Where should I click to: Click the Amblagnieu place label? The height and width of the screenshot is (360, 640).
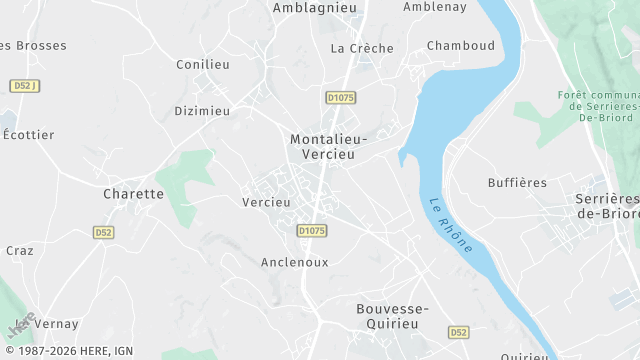[315, 7]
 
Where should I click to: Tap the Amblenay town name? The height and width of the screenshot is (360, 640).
[436, 7]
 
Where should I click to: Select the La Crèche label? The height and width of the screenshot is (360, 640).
[362, 48]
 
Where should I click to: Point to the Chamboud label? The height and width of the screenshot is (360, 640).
[461, 46]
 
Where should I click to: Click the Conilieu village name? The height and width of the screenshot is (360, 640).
[203, 64]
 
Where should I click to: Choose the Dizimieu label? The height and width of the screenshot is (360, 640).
[202, 111]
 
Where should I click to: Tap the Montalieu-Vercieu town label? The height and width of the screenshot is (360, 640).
[328, 148]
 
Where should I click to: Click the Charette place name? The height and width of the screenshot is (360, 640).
[133, 194]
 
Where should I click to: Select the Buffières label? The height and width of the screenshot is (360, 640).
[517, 183]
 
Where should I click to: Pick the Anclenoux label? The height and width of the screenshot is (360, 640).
[294, 262]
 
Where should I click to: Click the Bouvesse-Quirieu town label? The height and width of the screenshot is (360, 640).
[393, 317]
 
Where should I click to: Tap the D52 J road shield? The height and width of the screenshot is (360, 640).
[24, 86]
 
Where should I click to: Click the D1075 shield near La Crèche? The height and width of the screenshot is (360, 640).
[341, 97]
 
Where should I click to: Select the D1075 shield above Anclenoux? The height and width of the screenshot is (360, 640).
[312, 230]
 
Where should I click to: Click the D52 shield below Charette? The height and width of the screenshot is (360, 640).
[104, 232]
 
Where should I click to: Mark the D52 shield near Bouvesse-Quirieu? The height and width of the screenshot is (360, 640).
[459, 332]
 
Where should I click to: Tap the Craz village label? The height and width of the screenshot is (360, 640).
[20, 251]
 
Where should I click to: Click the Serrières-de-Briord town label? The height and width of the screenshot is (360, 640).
[605, 206]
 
